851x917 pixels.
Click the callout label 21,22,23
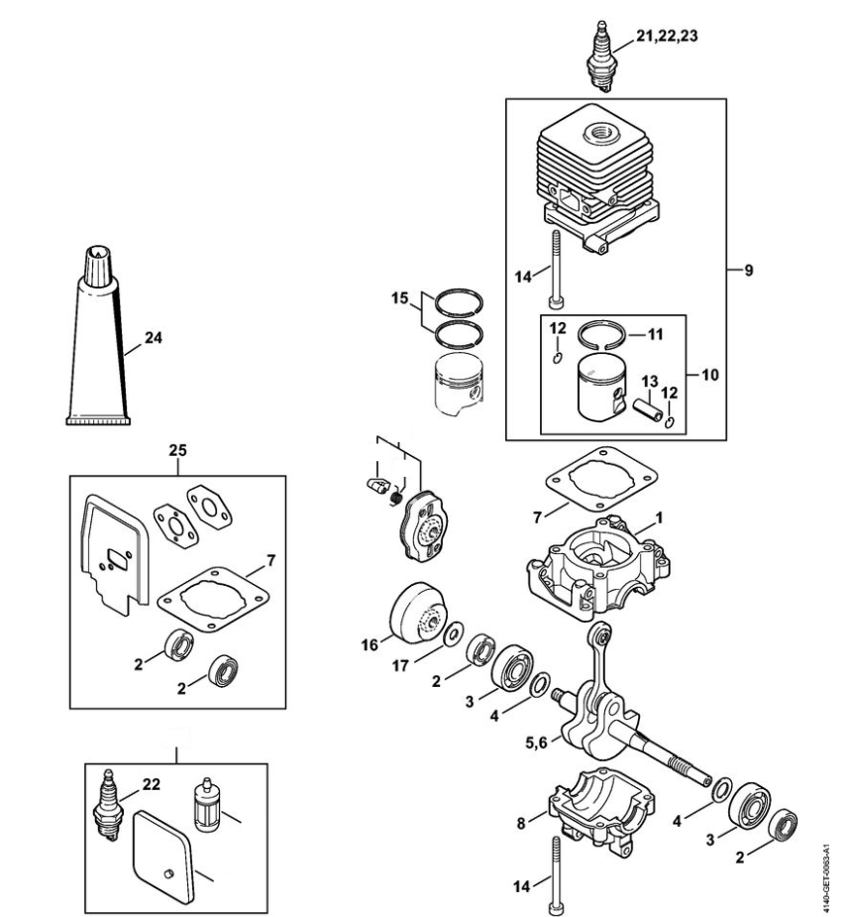[x=667, y=37]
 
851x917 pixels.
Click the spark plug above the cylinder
[x=602, y=57]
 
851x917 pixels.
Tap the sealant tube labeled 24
[x=98, y=335]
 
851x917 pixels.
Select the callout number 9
[x=749, y=271]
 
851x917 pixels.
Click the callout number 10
[x=709, y=375]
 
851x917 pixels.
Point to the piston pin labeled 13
[x=649, y=408]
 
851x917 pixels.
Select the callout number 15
[x=400, y=298]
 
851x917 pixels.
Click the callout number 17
[x=400, y=665]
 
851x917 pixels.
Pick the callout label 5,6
[x=536, y=743]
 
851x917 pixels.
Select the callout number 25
[x=177, y=450]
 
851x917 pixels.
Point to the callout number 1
[x=659, y=517]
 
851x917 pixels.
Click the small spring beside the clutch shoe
[x=396, y=499]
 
